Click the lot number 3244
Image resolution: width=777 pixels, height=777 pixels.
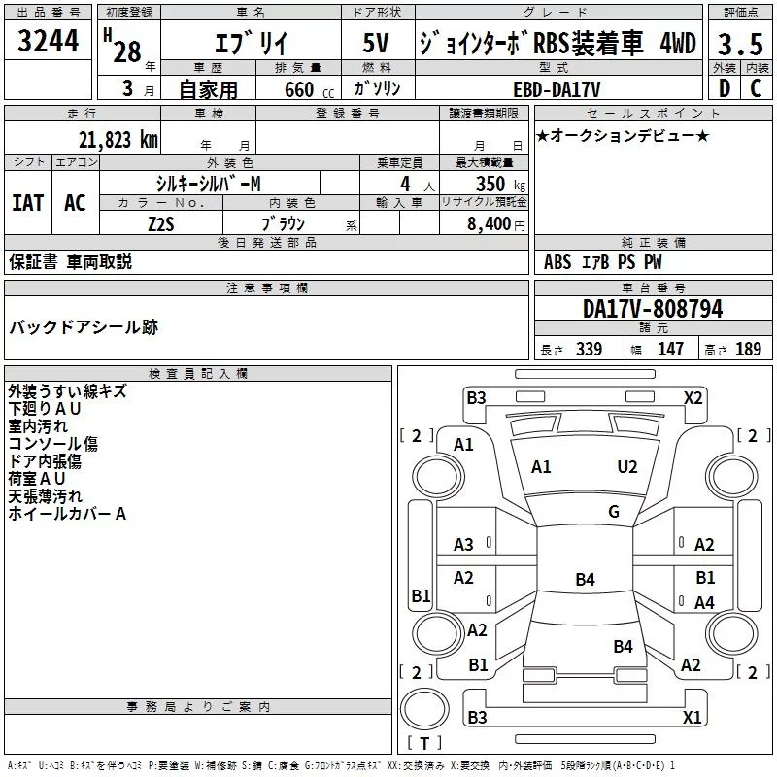(49, 43)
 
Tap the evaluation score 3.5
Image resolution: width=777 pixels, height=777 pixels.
(739, 45)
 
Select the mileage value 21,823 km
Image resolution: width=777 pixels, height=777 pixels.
(118, 139)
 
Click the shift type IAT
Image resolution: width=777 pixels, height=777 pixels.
(27, 202)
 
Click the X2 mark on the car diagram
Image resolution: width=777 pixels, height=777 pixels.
(693, 397)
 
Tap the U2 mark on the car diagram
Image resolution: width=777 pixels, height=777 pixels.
(627, 466)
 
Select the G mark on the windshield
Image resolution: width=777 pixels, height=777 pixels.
(614, 511)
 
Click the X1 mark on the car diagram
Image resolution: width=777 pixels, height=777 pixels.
(693, 718)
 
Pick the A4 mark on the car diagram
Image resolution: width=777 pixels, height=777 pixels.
(704, 603)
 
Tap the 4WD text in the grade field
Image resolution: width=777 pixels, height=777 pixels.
(677, 44)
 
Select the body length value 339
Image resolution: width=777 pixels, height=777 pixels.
(589, 350)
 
